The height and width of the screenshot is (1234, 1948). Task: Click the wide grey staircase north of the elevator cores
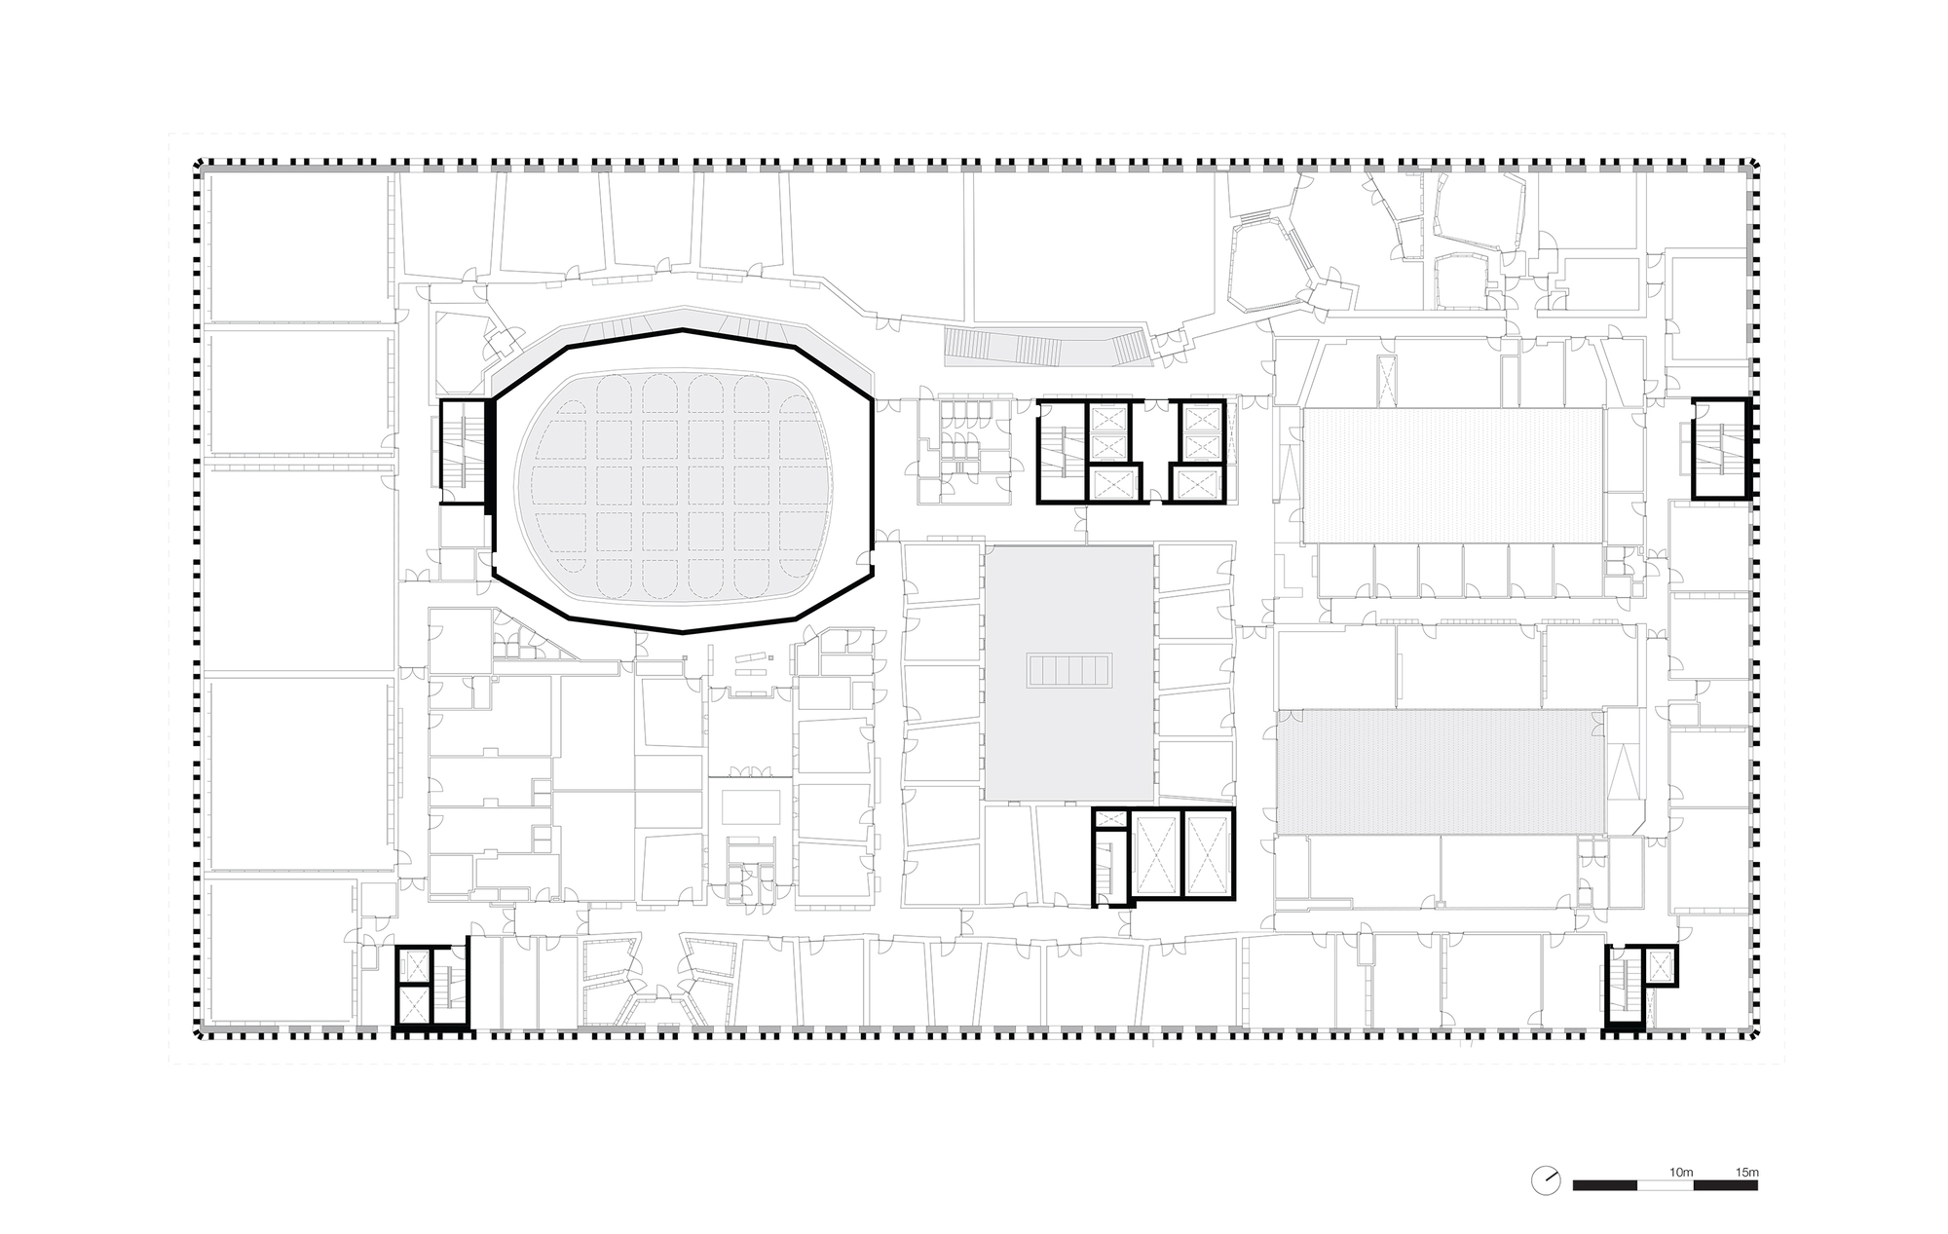point(1050,348)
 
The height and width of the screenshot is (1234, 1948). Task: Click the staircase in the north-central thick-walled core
point(1060,452)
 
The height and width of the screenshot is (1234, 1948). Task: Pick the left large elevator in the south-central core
point(1156,852)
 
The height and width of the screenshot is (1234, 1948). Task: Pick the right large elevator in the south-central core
point(1208,852)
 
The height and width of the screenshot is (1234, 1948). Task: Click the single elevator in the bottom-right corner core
point(1658,965)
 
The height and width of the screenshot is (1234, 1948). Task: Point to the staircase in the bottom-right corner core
point(1625,985)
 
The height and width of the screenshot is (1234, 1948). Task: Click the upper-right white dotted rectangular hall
point(1452,475)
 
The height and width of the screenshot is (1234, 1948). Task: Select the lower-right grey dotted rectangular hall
point(1440,771)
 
